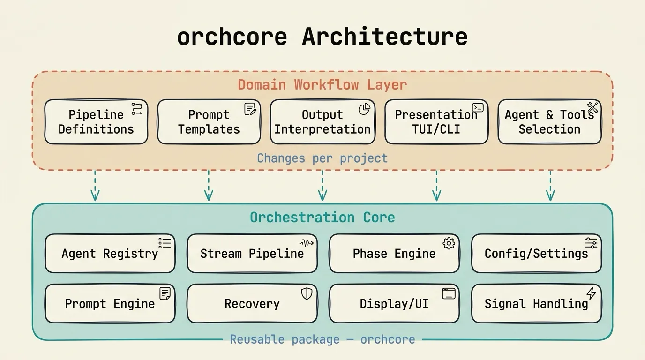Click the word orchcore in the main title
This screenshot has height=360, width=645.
point(232,37)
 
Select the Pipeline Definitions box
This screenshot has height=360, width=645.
point(96,122)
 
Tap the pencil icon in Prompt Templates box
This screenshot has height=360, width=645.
point(250,109)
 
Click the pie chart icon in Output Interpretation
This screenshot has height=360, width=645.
point(364,109)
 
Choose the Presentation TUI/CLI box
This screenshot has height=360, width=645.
point(436,122)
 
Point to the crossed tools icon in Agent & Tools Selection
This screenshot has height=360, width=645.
point(592,108)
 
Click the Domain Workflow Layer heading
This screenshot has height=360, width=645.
point(322,85)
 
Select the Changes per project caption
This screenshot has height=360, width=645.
point(322,158)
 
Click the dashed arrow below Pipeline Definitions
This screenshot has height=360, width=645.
point(95,186)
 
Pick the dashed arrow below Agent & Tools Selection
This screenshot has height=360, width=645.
point(550,186)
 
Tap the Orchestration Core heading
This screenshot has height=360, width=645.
point(322,217)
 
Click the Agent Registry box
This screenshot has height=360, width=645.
point(110,254)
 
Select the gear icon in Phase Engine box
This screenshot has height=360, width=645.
point(449,243)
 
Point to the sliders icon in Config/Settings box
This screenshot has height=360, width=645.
point(591,243)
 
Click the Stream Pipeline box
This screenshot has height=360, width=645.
point(252,254)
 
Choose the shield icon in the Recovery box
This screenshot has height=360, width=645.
point(307,294)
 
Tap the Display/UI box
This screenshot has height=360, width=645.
point(394,304)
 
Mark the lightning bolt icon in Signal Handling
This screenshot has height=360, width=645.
point(591,293)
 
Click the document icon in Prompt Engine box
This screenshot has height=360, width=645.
point(165,293)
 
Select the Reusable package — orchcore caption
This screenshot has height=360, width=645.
point(322,339)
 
